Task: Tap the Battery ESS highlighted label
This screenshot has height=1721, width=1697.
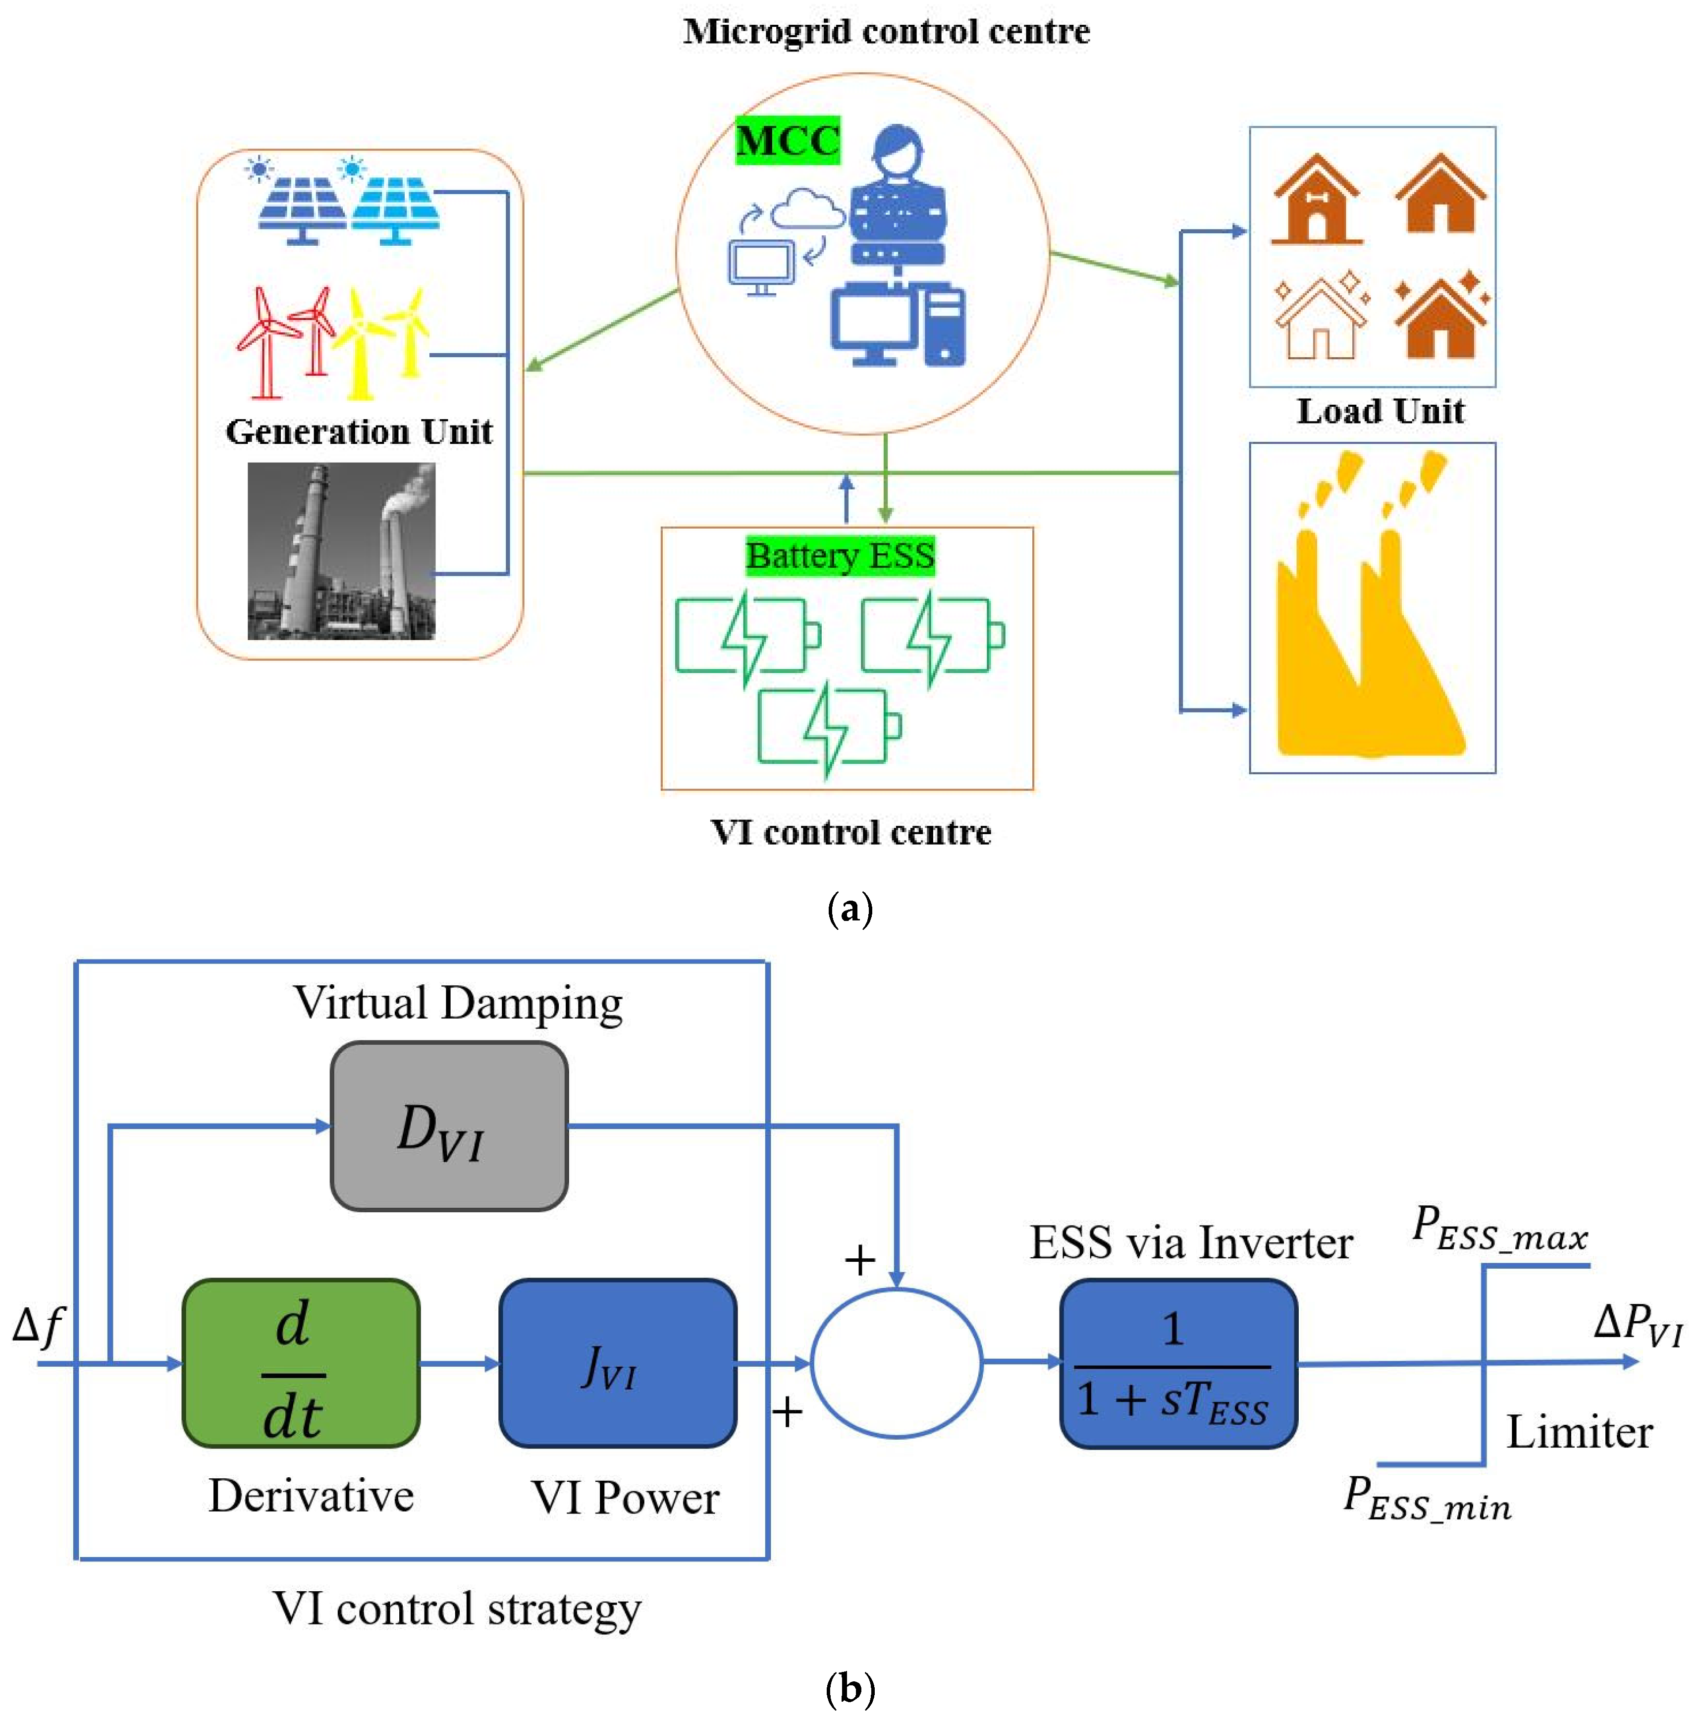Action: click(840, 556)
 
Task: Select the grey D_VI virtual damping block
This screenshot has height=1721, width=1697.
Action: click(449, 1126)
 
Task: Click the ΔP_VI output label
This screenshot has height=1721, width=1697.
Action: click(1638, 1325)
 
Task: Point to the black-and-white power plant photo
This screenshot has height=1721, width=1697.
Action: click(341, 550)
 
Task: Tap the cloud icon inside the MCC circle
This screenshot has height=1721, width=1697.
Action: click(807, 210)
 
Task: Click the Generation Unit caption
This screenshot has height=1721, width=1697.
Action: click(359, 431)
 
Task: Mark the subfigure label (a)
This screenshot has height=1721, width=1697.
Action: click(850, 910)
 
